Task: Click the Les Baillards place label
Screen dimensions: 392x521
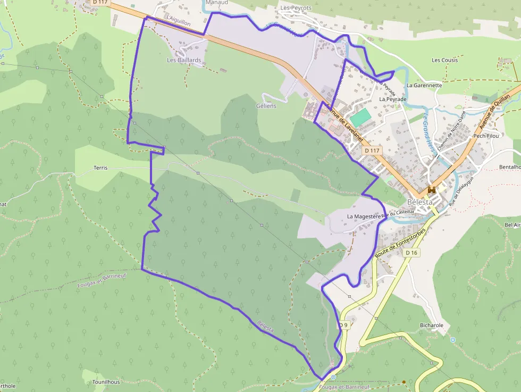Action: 184,60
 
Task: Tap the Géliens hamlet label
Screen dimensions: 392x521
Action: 266,106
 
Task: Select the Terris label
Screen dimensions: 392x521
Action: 100,168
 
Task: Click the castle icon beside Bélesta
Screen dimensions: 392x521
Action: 432,190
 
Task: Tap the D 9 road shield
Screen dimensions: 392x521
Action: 343,325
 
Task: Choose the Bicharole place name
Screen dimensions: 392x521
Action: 431,325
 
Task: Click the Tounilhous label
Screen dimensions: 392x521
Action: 106,382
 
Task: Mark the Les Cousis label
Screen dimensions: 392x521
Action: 445,60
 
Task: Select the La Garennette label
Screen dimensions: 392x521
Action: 424,85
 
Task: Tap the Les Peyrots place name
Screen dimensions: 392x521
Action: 296,8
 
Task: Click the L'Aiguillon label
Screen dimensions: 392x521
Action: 178,19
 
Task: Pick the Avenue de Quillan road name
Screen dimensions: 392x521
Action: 494,111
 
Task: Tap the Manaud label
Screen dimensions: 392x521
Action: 216,3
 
